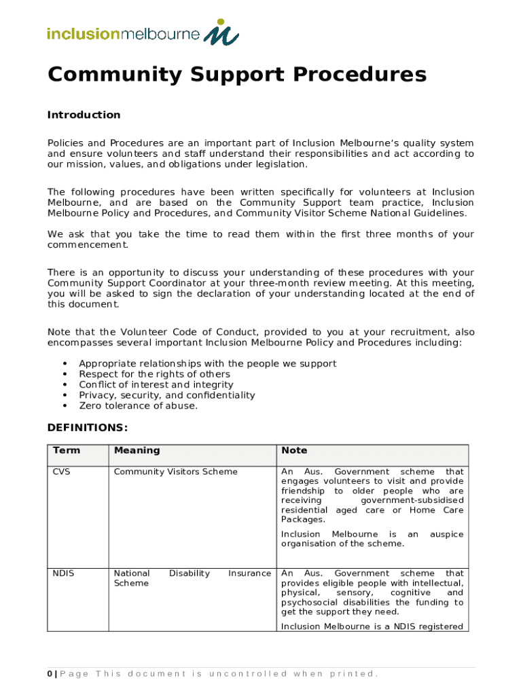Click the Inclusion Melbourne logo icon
(221, 31)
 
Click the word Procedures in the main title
(355, 75)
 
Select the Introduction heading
(84, 115)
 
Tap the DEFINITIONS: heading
(87, 428)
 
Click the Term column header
(66, 451)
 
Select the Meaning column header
(137, 451)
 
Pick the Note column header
(294, 451)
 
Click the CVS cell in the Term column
(61, 472)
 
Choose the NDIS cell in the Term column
(63, 574)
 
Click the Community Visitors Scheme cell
(175, 472)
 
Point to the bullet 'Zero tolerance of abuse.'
(138, 406)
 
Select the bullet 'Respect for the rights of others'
(154, 374)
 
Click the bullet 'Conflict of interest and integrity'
(156, 385)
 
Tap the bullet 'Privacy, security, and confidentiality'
(166, 395)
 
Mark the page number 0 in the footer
(50, 674)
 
